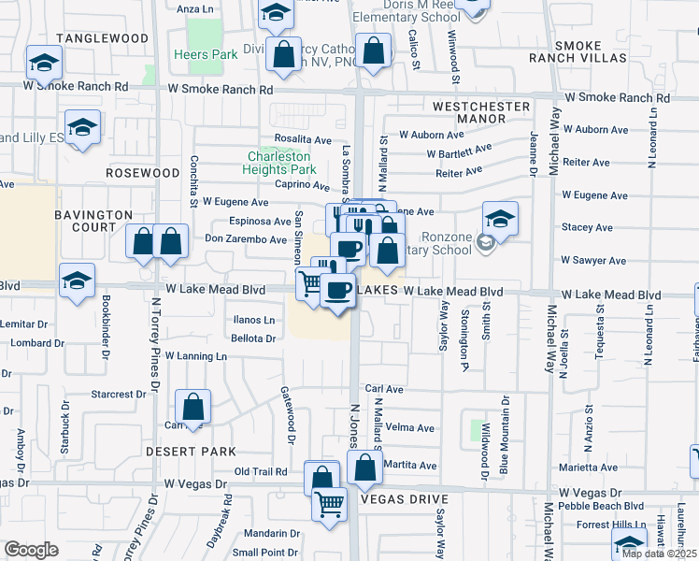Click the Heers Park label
[206, 55]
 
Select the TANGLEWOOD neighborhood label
[102, 38]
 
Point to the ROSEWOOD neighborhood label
[142, 173]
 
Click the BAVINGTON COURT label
[93, 221]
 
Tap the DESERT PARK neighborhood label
[191, 452]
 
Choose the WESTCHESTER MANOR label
[481, 113]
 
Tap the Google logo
[31, 550]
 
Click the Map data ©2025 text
[659, 554]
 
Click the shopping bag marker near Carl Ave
[193, 408]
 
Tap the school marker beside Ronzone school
[500, 221]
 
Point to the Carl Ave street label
[383, 389]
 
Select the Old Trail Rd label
[260, 472]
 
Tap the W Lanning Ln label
[195, 356]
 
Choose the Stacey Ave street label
[586, 227]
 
